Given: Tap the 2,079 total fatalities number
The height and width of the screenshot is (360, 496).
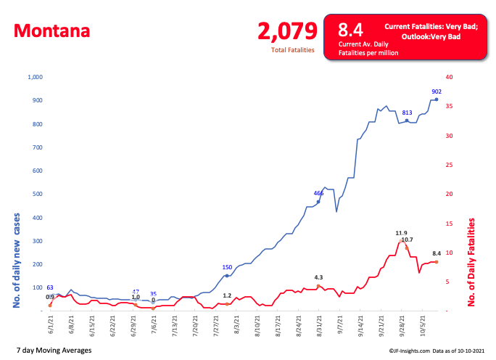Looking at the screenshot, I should coord(288,30).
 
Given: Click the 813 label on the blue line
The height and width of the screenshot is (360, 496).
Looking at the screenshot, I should coord(407,112).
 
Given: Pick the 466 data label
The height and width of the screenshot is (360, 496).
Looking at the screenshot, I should coord(318,193).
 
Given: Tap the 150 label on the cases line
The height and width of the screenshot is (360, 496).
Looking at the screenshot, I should coord(227,267).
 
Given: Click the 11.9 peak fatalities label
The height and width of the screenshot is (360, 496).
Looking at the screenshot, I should coord(401,233).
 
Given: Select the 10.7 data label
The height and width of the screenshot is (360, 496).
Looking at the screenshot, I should coord(407,240).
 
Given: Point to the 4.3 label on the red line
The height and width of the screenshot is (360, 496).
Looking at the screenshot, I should coord(318,277).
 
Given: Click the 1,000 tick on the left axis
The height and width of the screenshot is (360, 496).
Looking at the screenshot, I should coord(35,77).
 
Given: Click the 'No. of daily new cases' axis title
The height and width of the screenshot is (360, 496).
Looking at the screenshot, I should coord(15,261).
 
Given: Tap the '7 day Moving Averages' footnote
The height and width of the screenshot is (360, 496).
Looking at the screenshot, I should coord(57,351).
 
